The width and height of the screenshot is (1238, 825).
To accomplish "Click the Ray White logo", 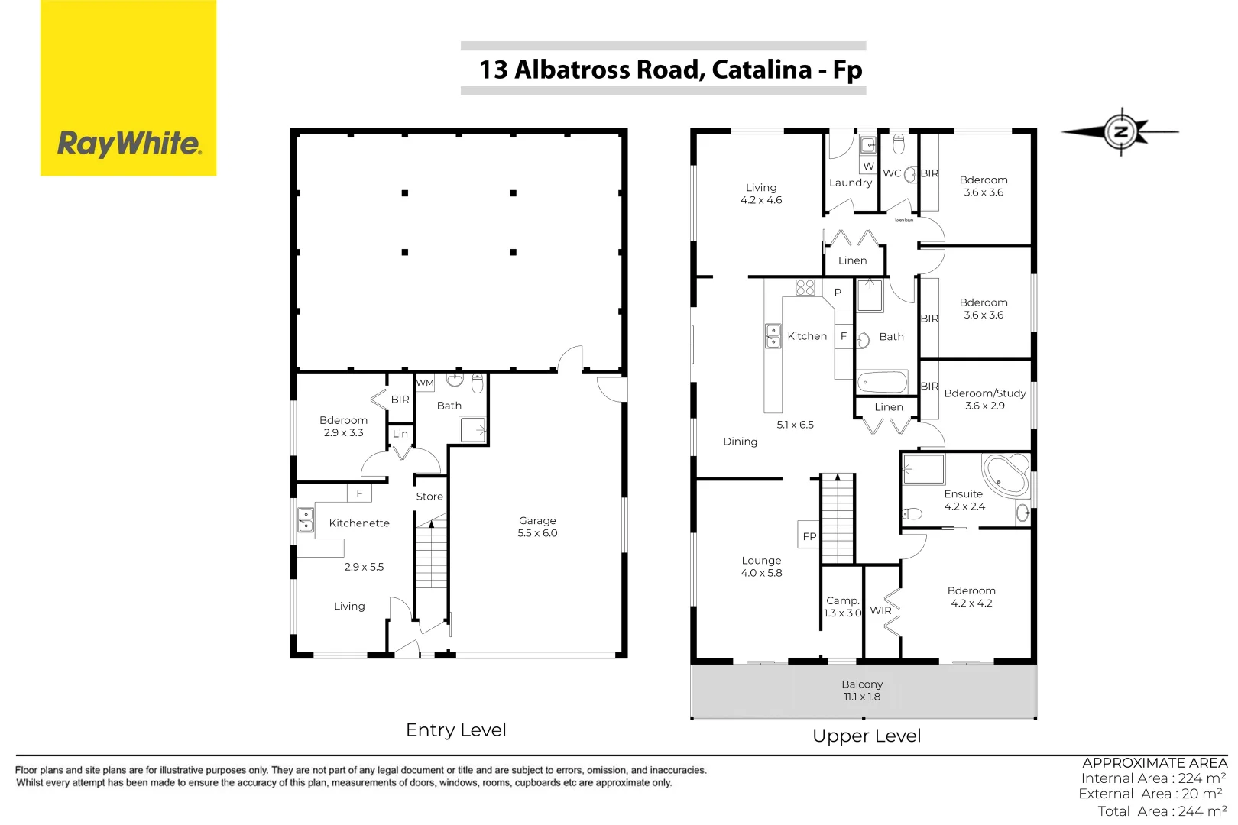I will coord(128,144).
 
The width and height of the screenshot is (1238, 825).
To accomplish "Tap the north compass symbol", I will coord(1121,131).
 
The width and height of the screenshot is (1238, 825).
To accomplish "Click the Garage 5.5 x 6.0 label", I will coord(537,526).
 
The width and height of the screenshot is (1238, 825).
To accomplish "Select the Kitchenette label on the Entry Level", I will coord(359,523).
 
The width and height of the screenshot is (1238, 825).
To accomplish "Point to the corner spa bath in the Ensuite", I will coord(1006,474).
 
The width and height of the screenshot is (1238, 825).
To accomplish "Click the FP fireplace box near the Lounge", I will coord(809,536).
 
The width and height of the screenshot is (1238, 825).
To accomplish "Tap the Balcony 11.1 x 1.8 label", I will coord(862,691).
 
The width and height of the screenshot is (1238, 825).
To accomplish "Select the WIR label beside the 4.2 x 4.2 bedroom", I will coord(880,610).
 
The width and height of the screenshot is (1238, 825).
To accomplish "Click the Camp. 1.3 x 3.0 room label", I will coord(843,607).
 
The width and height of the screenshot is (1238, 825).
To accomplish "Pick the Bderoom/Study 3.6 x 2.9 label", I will coord(984,399).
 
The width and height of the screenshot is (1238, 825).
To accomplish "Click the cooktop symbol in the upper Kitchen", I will coord(805,287).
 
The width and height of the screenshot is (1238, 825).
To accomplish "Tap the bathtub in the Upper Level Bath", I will coord(882,382).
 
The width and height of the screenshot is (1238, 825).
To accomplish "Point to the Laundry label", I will coord(850,183).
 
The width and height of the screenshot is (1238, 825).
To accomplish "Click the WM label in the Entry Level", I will coord(425,383).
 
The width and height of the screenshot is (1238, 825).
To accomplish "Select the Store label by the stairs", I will coord(429,497).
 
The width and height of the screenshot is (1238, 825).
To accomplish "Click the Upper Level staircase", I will coord(838,519).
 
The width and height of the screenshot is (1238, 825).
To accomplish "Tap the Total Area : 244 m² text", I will coord(1162,811).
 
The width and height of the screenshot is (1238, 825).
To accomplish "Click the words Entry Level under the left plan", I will coord(456,730).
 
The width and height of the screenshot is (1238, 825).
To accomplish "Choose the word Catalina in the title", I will coord(761,70).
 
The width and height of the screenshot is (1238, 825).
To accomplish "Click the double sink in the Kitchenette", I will coord(306,520).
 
